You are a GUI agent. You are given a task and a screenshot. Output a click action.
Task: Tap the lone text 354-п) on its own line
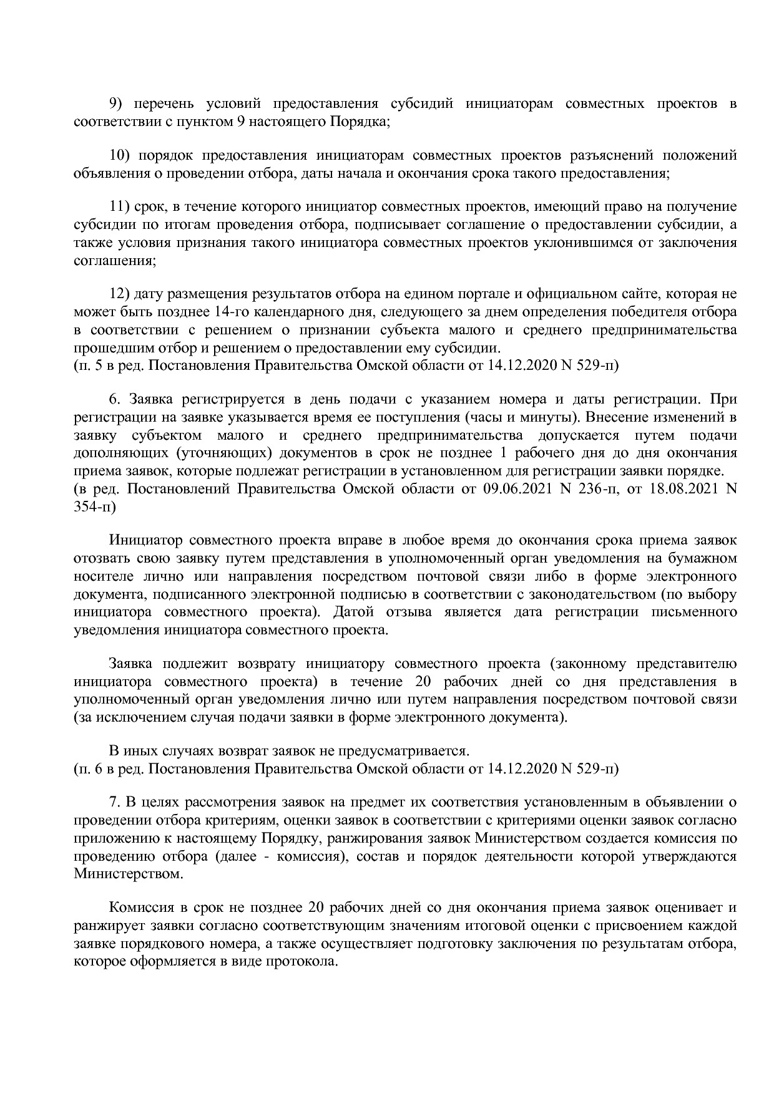tap(94, 506)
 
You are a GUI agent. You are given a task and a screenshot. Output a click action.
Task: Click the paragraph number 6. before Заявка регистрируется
tap(114, 399)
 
